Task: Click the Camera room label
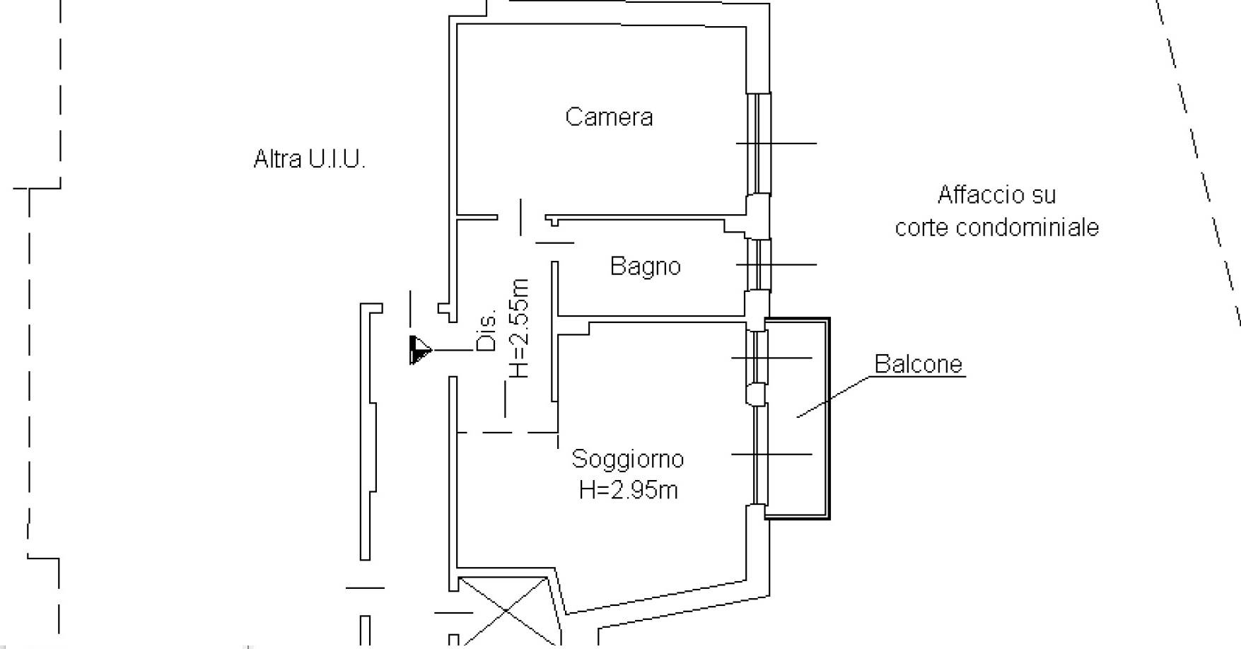[609, 117]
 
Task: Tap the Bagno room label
[645, 267]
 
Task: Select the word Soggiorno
[627, 460]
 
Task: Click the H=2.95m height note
[628, 490]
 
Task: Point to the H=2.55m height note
[520, 328]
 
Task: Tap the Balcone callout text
[918, 364]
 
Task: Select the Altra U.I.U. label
[309, 159]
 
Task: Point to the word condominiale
[1029, 228]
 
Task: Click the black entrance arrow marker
[419, 350]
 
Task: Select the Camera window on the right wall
[759, 143]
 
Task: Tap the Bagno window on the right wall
[759, 264]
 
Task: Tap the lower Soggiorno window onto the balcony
[759, 454]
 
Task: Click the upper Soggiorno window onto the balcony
[759, 358]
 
